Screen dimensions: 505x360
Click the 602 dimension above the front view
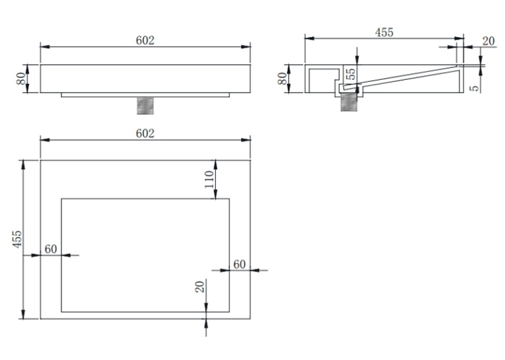(x=145, y=40)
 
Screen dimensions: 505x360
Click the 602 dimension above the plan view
(x=145, y=133)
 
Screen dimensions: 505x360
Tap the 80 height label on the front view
(x=21, y=79)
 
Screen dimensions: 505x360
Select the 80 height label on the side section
(x=282, y=79)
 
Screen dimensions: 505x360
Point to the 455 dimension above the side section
(x=384, y=32)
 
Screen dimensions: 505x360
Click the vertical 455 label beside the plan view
(x=17, y=239)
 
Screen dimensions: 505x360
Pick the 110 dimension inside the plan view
(x=209, y=179)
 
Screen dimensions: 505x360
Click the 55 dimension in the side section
(x=351, y=74)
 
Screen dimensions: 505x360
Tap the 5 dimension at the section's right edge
(x=475, y=88)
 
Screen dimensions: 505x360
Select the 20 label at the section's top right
(x=488, y=41)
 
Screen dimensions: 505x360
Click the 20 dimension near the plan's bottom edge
(x=199, y=287)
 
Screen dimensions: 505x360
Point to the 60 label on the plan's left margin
(x=51, y=249)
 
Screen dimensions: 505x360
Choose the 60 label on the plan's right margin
(x=239, y=264)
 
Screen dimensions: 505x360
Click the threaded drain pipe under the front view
(x=145, y=106)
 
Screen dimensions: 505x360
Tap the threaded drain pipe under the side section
(x=349, y=102)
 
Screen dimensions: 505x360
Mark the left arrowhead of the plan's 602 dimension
(x=45, y=140)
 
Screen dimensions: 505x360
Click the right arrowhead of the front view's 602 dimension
(x=246, y=47)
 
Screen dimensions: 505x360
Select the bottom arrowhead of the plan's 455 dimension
(x=23, y=314)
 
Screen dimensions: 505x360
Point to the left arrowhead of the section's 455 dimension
(x=310, y=38)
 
